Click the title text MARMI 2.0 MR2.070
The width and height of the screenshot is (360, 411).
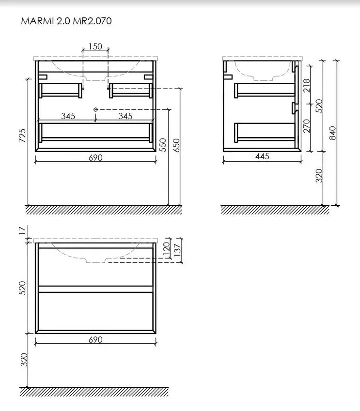[x=66, y=21]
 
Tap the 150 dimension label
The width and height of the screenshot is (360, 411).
[x=95, y=46]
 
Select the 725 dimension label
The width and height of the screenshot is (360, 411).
[x=23, y=136]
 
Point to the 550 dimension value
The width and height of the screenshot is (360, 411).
[x=163, y=145]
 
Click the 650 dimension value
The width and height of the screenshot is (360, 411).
[x=176, y=145]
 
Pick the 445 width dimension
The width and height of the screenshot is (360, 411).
[x=262, y=156]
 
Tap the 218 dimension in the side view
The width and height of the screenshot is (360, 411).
[x=307, y=86]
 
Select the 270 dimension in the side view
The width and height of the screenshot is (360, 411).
[x=307, y=126]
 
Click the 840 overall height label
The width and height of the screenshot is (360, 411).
[x=332, y=133]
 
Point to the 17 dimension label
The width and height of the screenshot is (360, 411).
[x=23, y=230]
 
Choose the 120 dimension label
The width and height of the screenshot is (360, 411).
[x=166, y=248]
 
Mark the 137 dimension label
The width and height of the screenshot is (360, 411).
[x=177, y=250]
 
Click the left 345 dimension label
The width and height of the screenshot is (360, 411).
[x=68, y=116]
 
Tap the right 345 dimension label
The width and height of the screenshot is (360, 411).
[x=125, y=116]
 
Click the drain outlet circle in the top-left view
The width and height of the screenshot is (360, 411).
[x=95, y=109]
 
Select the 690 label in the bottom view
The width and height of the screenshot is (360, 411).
[x=95, y=340]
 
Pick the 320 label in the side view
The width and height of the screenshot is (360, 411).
[x=319, y=176]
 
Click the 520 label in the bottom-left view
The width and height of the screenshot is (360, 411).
[x=23, y=288]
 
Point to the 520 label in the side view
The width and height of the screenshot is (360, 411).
[x=319, y=106]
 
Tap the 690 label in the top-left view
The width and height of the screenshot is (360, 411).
[x=95, y=157]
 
